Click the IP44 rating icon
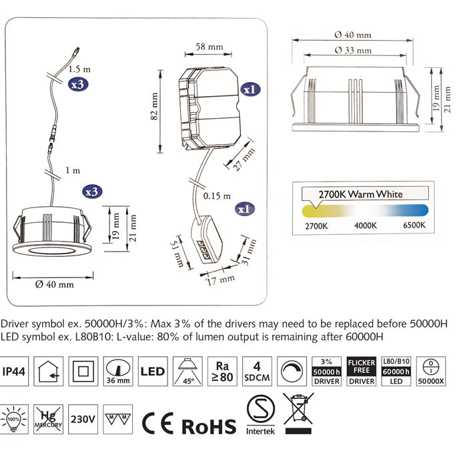tap(15, 371)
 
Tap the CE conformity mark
tap(159, 423)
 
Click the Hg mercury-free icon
tap(49, 419)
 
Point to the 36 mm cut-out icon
tap(118, 371)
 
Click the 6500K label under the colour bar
tap(414, 226)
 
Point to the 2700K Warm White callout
tap(361, 194)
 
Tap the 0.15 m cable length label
tap(217, 196)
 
